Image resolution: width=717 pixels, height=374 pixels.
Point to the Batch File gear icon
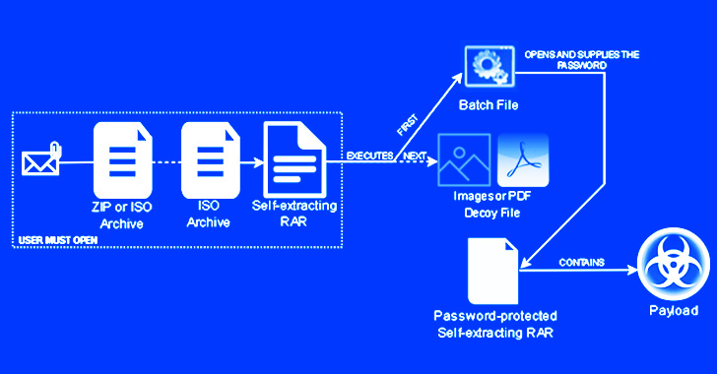tap(489, 64)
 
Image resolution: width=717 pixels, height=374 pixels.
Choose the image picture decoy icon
tap(464, 157)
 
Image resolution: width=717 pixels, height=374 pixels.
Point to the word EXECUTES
tap(370, 156)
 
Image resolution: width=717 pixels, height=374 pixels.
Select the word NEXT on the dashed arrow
tap(415, 156)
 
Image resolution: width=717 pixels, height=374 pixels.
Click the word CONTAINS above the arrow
tap(581, 263)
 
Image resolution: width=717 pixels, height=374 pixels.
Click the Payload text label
tap(673, 311)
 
